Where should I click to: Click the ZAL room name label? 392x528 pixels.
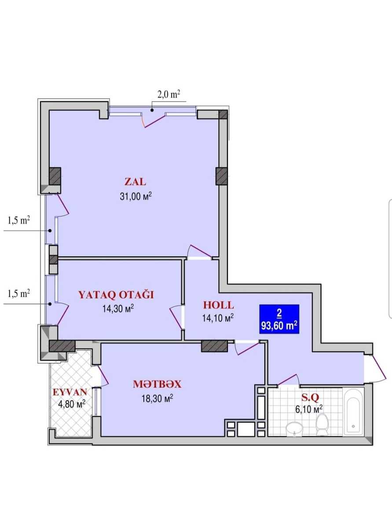click(135, 182)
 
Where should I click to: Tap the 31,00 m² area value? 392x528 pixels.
click(136, 197)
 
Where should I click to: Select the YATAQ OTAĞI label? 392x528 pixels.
click(116, 295)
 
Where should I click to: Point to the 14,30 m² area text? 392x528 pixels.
click(118, 309)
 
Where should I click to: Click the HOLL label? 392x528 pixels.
click(219, 305)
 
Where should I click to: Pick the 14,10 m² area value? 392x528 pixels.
click(218, 318)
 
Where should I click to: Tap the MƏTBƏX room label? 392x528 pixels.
click(157, 384)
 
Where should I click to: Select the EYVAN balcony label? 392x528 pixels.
click(70, 392)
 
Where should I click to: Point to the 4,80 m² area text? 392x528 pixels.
click(72, 404)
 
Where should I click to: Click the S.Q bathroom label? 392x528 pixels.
click(310, 398)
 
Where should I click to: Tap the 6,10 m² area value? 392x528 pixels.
click(309, 410)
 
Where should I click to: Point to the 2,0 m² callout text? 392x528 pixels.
click(169, 95)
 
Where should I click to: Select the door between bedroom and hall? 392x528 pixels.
click(176, 317)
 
